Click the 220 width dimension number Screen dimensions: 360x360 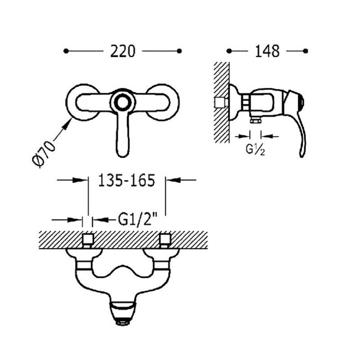[x=122, y=51]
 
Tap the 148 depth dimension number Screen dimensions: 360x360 [x=267, y=51]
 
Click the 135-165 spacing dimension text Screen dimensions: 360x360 [x=126, y=180]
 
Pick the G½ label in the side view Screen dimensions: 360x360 [x=255, y=150]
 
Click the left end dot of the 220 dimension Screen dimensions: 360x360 [x=66, y=51]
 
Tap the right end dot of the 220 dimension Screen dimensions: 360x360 [x=180, y=51]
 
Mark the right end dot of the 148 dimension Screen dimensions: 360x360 [x=306, y=51]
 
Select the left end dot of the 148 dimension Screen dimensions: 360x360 [x=229, y=51]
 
